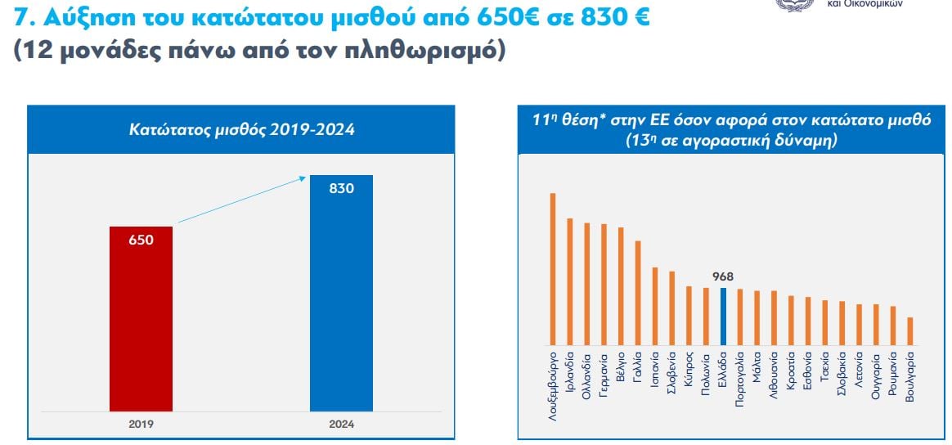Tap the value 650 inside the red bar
tap(141, 240)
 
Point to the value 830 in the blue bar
tap(341, 189)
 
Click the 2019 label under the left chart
tap(141, 425)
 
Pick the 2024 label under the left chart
tap(342, 425)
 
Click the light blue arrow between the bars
tap(241, 198)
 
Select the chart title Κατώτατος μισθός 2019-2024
tap(242, 129)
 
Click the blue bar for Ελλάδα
tap(723, 316)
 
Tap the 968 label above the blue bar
tap(724, 277)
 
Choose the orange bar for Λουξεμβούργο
tap(553, 268)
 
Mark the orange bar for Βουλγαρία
tap(910, 330)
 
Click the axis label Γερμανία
tap(604, 375)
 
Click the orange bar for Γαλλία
tap(638, 292)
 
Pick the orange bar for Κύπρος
tap(689, 315)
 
